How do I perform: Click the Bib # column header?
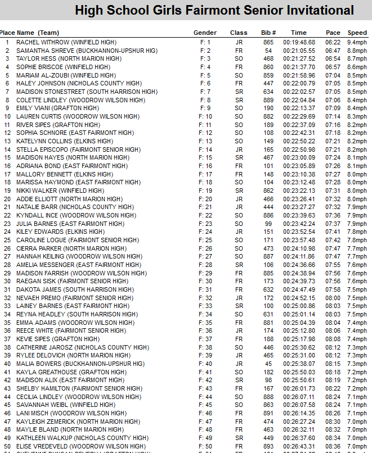[268, 33]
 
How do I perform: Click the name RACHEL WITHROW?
[42, 42]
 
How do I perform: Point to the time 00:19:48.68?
[299, 42]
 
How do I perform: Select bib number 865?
[268, 42]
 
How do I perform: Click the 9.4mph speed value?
[357, 42]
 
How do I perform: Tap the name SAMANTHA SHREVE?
[46, 51]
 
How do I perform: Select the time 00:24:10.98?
[299, 248]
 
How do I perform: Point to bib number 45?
[268, 364]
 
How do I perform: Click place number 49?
[7, 438]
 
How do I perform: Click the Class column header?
[239, 33]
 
